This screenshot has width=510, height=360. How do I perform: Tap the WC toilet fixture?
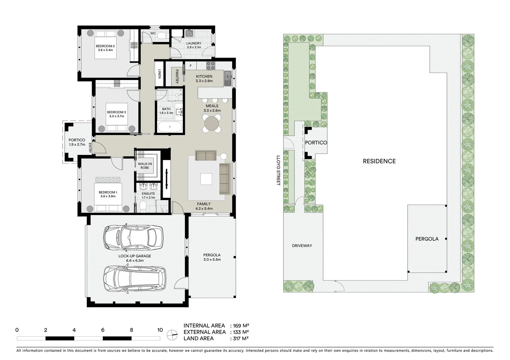[162, 36]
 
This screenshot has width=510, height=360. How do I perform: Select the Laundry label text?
[194, 43]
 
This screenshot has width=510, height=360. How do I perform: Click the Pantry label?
[177, 76]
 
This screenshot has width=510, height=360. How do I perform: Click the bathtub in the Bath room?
[170, 127]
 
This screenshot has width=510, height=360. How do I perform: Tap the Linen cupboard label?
[159, 74]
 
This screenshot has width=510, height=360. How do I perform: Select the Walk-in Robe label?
[145, 166]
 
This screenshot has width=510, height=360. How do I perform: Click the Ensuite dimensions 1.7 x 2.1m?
[148, 198]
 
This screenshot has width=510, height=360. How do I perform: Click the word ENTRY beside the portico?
[90, 148]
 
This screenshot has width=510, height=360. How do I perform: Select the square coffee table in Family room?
[206, 179]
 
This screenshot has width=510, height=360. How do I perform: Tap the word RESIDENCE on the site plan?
[379, 161]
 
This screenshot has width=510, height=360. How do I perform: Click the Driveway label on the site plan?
[302, 246]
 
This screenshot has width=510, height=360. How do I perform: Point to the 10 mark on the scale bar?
[160, 330]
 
